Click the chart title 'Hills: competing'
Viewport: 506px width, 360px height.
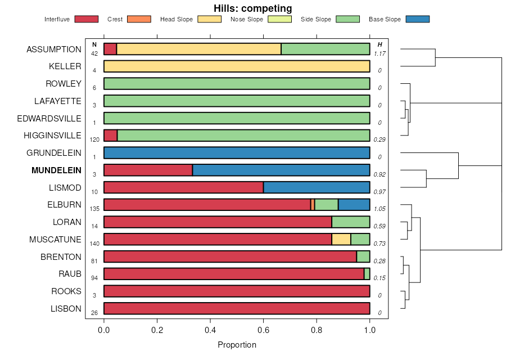pos(252,8)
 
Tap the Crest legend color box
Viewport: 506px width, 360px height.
pos(141,19)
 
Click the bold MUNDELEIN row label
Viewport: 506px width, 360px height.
pos(56,170)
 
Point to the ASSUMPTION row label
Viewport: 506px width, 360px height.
pos(54,49)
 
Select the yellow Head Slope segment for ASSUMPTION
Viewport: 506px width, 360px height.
pos(198,49)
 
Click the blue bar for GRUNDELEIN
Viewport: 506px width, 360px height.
pos(237,152)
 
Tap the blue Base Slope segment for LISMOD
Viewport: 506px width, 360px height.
pos(317,187)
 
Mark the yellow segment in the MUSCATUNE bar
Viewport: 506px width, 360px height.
pos(341,239)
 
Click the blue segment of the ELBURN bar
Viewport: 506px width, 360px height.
pos(354,205)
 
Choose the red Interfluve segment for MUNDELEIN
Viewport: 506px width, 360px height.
pos(148,170)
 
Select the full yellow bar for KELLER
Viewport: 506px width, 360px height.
pos(237,66)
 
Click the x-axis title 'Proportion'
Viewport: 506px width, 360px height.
pos(237,345)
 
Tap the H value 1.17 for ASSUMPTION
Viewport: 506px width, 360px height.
pos(379,53)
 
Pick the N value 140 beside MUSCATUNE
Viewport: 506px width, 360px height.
pos(94,244)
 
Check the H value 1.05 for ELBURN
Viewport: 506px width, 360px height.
pos(379,209)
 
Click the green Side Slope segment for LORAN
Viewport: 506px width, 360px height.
pos(351,222)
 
